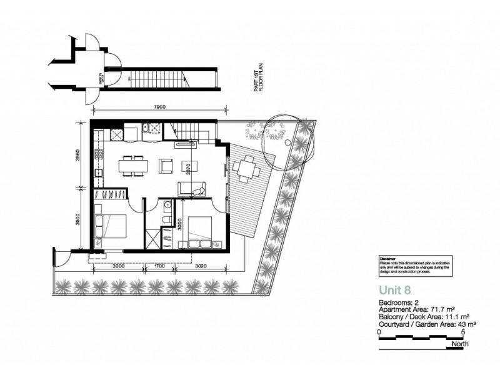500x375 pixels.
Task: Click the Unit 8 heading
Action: tap(396, 289)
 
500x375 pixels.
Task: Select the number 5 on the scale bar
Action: tap(462, 332)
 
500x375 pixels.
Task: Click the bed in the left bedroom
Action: tap(112, 226)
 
